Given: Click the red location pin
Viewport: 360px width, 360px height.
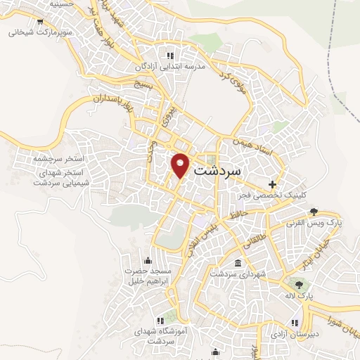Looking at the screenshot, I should click(181, 165).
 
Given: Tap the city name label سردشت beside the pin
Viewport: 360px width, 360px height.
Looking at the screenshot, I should click(216, 170).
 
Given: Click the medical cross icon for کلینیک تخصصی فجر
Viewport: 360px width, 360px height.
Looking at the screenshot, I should click(272, 184).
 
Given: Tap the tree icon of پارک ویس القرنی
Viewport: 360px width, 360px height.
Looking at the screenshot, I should click(314, 211).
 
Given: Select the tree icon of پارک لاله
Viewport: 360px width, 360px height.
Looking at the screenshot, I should click(300, 285).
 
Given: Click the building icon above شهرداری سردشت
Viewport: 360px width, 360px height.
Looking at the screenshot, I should click(238, 263).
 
